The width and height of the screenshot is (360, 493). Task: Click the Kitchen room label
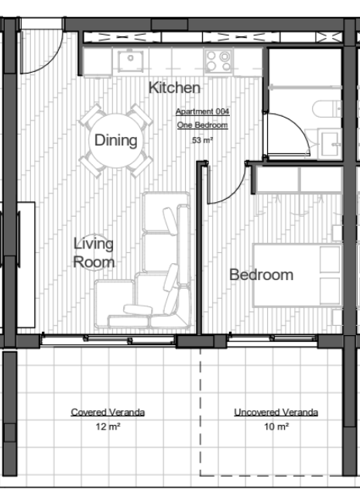[174, 87]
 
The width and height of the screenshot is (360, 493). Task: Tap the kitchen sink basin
[131, 60]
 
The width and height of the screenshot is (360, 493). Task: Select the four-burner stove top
[218, 61]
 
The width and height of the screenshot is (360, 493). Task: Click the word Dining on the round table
[115, 140]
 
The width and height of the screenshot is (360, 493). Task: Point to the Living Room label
[94, 253]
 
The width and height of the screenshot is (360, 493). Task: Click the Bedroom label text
[261, 275]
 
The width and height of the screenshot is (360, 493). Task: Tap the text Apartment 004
[203, 111]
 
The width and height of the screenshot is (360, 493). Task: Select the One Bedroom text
[202, 125]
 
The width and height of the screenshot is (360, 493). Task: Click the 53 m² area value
[203, 140]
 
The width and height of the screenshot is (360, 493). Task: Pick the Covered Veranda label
[108, 412]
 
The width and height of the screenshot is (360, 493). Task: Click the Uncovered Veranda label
[276, 412]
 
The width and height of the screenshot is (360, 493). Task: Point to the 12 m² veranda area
[108, 426]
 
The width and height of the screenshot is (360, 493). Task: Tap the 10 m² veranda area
[276, 426]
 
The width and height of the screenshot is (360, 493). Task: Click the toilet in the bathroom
[327, 109]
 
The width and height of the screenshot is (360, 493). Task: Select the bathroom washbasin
[330, 144]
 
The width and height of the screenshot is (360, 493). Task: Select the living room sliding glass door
[108, 341]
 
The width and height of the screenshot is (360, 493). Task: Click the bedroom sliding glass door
[273, 340]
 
